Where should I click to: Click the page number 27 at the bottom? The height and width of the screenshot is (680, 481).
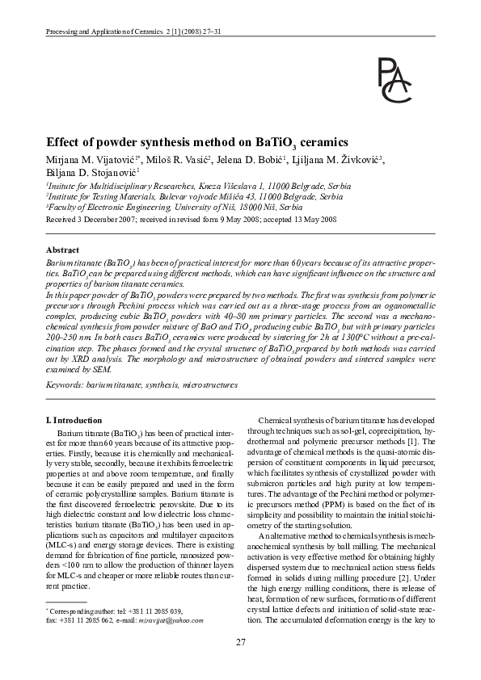pos(240,641)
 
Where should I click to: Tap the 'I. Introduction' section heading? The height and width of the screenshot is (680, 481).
pos(74,420)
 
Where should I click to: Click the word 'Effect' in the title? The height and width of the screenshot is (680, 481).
pos(62,140)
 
